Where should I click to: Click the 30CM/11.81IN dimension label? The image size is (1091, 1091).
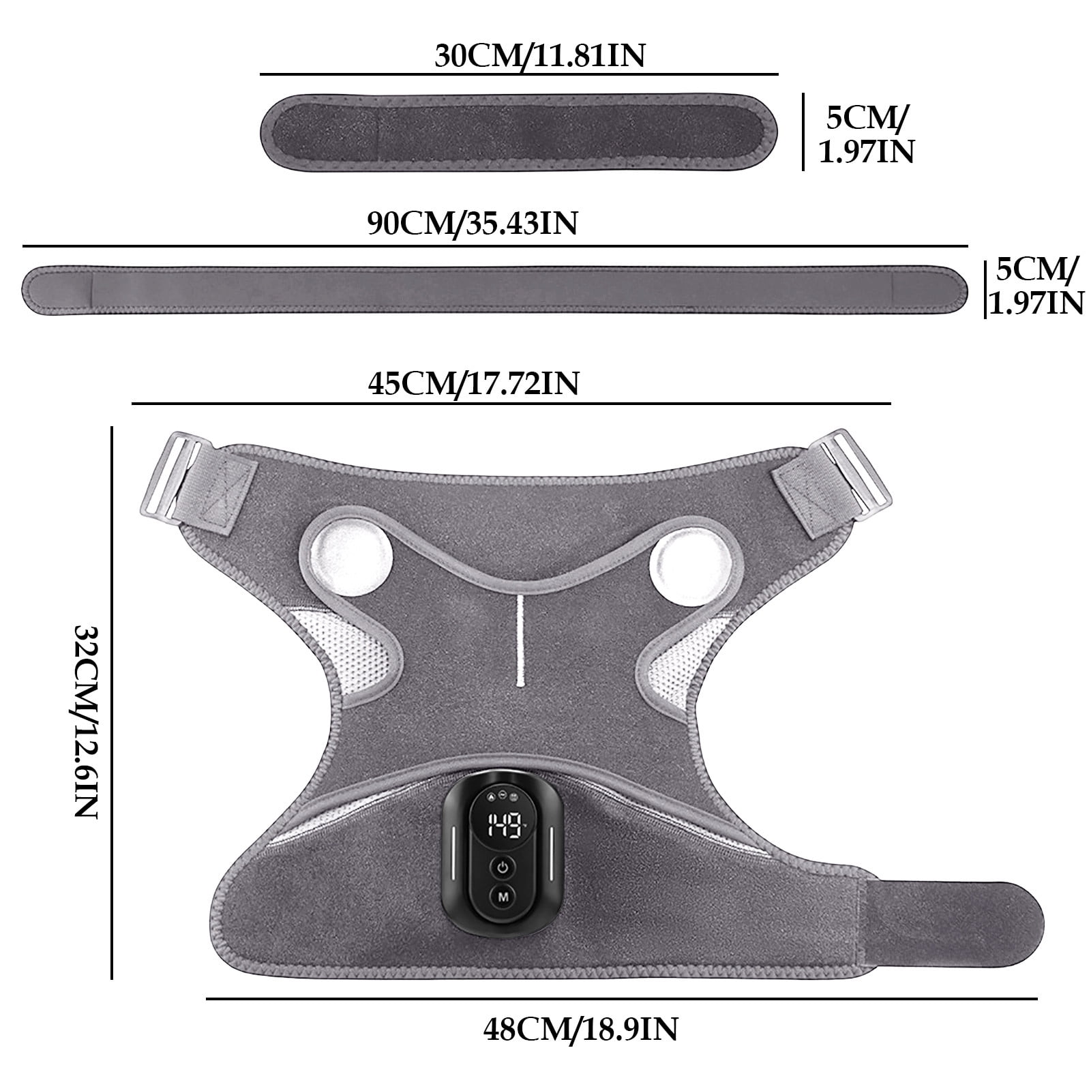[x=539, y=56]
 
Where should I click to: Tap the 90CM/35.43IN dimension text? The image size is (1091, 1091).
[x=472, y=224]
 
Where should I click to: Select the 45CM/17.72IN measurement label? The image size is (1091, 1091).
[x=473, y=384]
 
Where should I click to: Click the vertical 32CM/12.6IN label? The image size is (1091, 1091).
[x=87, y=721]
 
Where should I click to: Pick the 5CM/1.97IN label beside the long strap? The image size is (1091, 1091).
[x=1036, y=286]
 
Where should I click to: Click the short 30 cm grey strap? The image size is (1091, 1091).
[x=520, y=134]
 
